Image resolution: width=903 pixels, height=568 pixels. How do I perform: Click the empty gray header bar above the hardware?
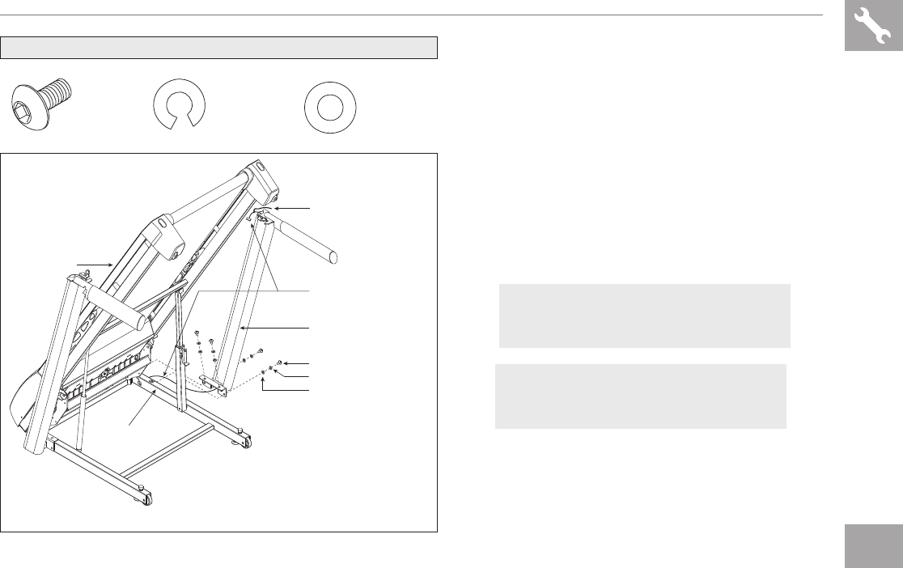tap(218, 48)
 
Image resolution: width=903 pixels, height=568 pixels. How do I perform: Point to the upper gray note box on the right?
tap(644, 316)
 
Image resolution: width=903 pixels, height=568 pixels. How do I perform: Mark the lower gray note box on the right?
tap(640, 396)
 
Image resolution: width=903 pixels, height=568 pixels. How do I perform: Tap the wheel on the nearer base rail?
tap(146, 499)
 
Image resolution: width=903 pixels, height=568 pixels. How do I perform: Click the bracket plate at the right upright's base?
tap(213, 384)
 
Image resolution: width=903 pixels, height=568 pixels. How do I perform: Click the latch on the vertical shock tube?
tap(183, 354)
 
